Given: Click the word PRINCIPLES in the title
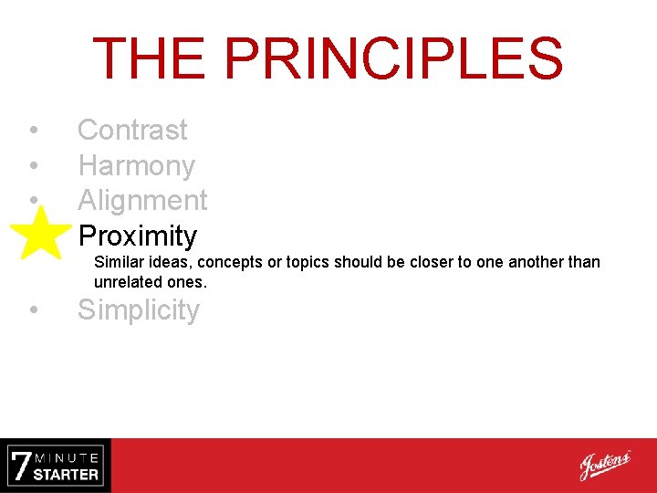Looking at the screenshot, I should point(393,58).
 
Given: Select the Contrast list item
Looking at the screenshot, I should point(132,131).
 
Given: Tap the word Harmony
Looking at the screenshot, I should point(136,166).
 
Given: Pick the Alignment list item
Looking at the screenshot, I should point(142,200).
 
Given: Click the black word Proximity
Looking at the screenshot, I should point(138,236).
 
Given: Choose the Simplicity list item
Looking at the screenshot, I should point(138,310).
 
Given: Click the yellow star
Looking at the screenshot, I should point(40,234).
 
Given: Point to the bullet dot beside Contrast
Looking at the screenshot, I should point(33,131).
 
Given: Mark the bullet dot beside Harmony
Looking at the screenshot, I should point(33,166).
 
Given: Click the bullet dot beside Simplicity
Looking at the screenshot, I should point(33,311).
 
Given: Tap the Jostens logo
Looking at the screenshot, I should point(604,466).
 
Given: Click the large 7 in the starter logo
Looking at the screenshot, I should point(20,466).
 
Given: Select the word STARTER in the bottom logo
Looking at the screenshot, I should point(67,475).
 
